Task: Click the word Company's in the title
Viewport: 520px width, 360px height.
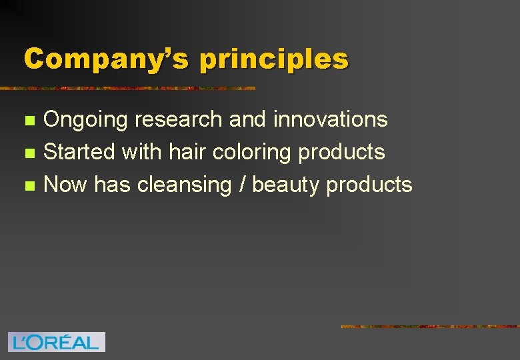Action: (106, 59)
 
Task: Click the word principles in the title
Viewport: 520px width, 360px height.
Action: (273, 60)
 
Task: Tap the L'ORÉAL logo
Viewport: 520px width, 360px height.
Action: (57, 342)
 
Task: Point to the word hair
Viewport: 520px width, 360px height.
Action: (188, 151)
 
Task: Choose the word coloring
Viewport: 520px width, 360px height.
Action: (252, 153)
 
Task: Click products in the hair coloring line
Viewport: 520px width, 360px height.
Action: (341, 153)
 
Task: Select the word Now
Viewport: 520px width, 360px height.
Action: (65, 184)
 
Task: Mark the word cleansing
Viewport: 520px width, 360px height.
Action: (183, 185)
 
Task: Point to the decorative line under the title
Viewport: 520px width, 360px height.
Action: (127, 88)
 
